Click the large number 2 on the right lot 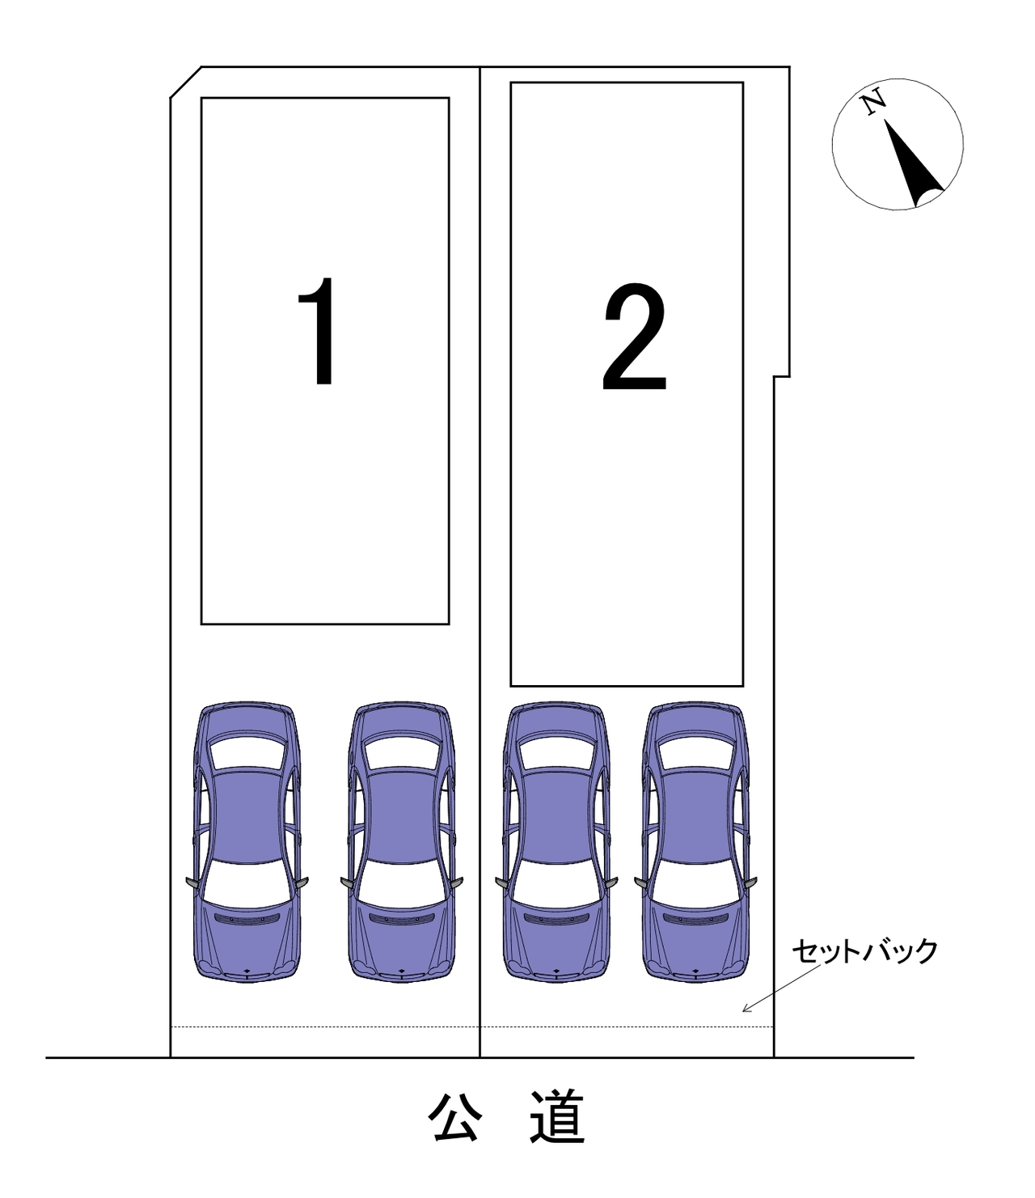[635, 337]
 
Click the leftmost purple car [247, 842]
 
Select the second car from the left [402, 842]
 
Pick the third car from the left [556, 842]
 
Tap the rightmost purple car [695, 842]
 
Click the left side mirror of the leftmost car [192, 883]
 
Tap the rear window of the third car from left [556, 752]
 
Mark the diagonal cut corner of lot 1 [185, 83]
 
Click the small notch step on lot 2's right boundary [782, 377]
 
